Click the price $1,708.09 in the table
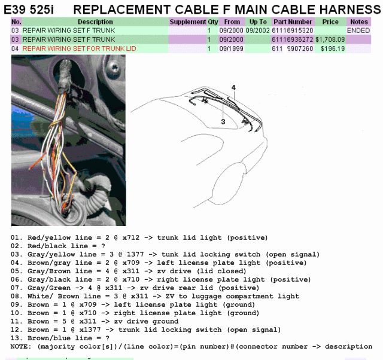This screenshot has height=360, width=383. click(330, 39)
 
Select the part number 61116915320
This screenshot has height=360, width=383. click(293, 30)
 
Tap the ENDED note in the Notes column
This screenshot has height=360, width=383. click(358, 30)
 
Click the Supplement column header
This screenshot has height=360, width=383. click(187, 22)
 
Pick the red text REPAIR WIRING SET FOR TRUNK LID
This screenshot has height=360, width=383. click(79, 48)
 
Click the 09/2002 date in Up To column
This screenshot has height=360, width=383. click(257, 30)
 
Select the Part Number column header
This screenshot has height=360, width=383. click(293, 22)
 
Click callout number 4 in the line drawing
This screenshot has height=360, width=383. click(233, 87)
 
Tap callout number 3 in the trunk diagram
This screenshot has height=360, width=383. click(223, 121)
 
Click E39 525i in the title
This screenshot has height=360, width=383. click(29, 10)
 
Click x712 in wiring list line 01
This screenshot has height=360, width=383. click(131, 237)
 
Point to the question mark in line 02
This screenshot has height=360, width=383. click(103, 246)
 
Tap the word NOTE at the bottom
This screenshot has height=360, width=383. click(19, 346)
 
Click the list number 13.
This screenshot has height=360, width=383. click(15, 338)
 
